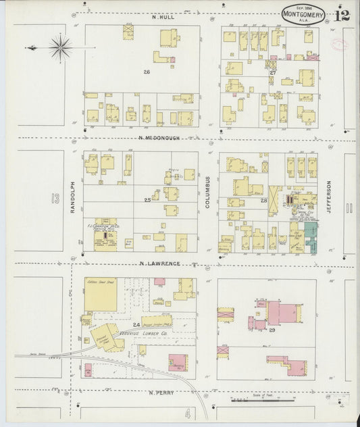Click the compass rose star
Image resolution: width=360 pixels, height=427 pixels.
tap(61, 47)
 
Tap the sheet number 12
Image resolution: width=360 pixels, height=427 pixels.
tap(342, 15)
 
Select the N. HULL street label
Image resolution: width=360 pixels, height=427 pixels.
tap(163, 17)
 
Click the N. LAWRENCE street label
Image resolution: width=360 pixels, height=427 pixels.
tap(161, 263)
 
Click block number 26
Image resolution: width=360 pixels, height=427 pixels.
tap(146, 71)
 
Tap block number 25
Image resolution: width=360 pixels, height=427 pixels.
tap(147, 200)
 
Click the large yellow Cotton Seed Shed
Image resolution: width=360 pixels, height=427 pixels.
tap(100, 295)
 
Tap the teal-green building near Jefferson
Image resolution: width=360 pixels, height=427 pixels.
tap(311, 236)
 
